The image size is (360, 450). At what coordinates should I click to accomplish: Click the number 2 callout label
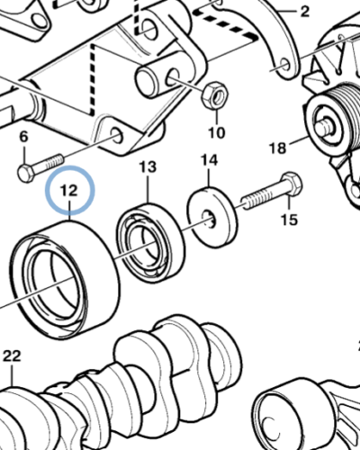point(304,12)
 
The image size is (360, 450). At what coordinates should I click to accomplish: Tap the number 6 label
point(23,137)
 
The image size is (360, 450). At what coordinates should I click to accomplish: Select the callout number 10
point(216,134)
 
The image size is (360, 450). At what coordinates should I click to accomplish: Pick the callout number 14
point(209,161)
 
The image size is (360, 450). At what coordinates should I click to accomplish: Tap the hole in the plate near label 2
point(284,65)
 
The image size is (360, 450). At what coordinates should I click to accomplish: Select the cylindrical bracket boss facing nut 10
point(157,80)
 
